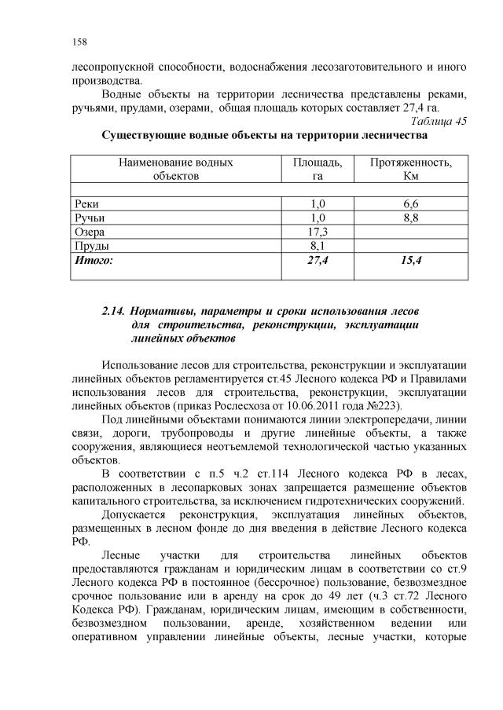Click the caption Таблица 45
point(439,121)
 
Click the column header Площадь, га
point(318,169)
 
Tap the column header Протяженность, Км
point(411,169)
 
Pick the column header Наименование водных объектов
point(175,169)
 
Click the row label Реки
point(86,203)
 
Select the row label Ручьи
point(89,218)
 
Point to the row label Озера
point(89,232)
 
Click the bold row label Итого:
point(94,259)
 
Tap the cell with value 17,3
point(318,232)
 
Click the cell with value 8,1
point(318,246)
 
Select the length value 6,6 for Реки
point(411,203)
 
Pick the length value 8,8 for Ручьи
point(411,218)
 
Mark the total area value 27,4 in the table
point(318,259)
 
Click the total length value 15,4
point(411,259)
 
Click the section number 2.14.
point(115,311)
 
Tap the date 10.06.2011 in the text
point(319,406)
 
